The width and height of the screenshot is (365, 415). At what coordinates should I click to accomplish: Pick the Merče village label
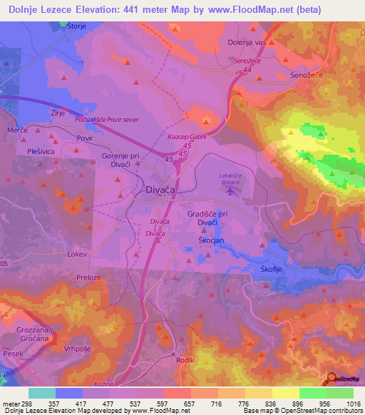[x=17, y=131]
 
